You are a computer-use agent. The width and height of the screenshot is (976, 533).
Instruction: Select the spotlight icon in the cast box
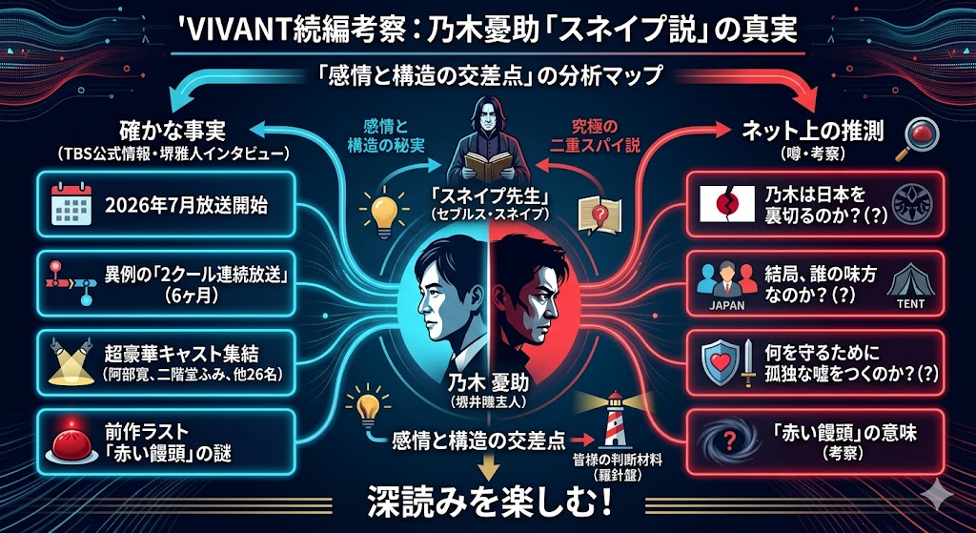tap(68, 360)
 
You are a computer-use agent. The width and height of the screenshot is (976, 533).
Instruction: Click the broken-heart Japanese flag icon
tap(722, 202)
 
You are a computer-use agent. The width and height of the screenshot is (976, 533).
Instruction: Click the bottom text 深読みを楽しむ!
tap(488, 502)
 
